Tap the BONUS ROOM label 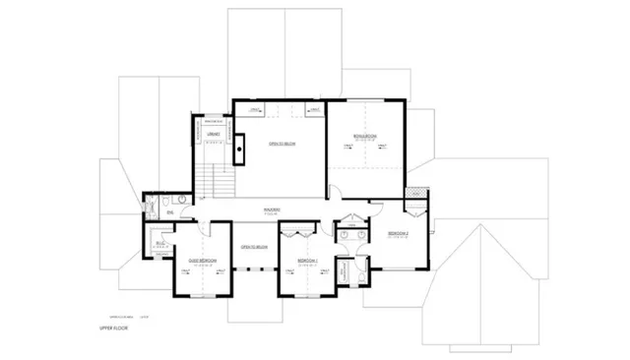365,137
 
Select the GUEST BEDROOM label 202,261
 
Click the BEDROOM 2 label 398,233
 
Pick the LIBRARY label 211,134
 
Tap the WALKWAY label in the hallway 273,210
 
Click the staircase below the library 214,182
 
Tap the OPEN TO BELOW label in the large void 283,144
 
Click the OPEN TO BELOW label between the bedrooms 255,247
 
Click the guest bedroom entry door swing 211,228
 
